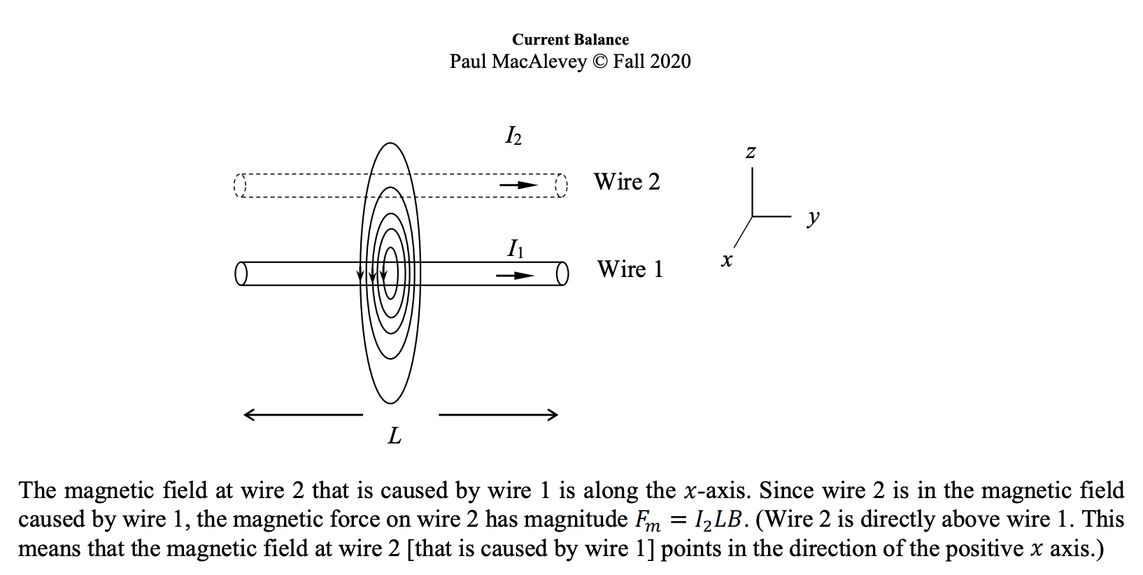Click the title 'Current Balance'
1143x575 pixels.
tap(570, 40)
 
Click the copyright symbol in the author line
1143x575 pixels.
tap(599, 62)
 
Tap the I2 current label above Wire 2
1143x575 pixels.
tap(513, 136)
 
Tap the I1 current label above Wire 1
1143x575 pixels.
tap(515, 248)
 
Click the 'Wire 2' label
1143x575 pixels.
tap(627, 182)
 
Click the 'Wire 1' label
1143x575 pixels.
tap(630, 269)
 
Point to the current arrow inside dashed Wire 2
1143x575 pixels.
tap(518, 185)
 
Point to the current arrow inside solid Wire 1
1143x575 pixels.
tap(515, 276)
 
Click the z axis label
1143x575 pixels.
tap(751, 151)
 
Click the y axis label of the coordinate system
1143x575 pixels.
tap(812, 218)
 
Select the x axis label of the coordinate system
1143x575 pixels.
tap(727, 261)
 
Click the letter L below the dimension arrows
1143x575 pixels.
tap(395, 436)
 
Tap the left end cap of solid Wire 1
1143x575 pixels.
tap(241, 274)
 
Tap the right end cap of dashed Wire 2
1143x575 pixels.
tap(560, 185)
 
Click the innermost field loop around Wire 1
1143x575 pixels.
tap(391, 274)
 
